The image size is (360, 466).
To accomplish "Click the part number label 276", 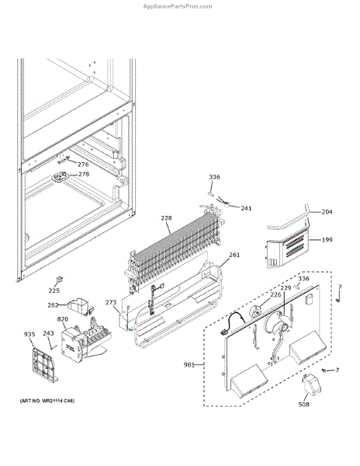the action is point(83,165).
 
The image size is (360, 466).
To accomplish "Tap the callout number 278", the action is point(84,174).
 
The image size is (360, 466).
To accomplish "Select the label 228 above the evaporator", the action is point(167,217).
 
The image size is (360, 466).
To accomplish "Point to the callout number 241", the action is point(246,208).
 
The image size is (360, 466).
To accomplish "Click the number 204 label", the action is point(327,212).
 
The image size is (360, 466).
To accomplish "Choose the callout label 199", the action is point(327,239).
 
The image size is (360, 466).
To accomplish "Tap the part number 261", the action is point(234,255).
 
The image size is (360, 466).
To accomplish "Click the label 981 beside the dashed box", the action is point(189,365).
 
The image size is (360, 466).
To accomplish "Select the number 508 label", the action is point(303,404).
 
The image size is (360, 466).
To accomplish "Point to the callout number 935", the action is point(29,334).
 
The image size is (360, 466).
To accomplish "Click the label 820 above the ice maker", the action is point(63,319).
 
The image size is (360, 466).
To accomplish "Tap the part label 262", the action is point(53,305).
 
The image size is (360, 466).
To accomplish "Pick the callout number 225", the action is point(54,290).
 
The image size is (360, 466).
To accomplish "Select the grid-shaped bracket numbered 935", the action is point(44,365).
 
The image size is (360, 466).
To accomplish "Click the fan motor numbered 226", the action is point(256,313).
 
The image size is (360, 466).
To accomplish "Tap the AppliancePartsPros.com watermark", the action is point(178,6).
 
